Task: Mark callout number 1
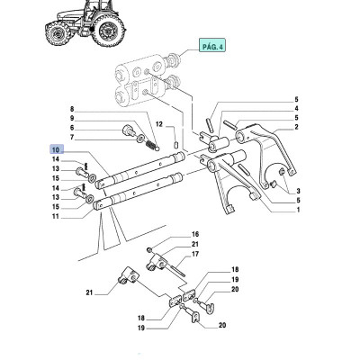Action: click(x=297, y=210)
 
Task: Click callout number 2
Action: click(x=297, y=128)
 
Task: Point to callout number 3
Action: click(x=297, y=191)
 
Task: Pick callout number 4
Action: click(x=297, y=108)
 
